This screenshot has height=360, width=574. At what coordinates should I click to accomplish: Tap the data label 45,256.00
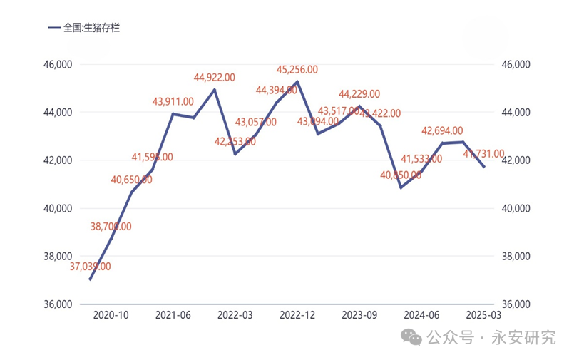point(297,70)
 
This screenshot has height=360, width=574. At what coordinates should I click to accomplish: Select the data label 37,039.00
point(91,267)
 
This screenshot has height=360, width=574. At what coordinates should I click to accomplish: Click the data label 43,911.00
point(173,101)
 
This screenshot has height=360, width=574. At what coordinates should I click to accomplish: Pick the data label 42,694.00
point(442,131)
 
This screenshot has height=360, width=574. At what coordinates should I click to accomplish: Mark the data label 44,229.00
point(359,93)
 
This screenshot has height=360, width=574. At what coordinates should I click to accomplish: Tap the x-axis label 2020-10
point(111,314)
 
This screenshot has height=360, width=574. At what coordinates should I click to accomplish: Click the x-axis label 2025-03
point(483,314)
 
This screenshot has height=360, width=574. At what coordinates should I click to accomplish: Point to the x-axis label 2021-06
point(173,314)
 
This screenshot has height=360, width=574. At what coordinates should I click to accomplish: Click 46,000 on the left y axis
point(58,64)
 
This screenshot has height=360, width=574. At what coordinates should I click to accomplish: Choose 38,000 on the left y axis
point(58,256)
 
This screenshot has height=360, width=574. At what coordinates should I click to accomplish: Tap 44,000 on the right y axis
point(517,113)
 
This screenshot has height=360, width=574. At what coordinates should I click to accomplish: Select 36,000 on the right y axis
point(517,304)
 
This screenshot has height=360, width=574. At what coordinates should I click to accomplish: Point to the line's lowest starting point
point(91,279)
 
